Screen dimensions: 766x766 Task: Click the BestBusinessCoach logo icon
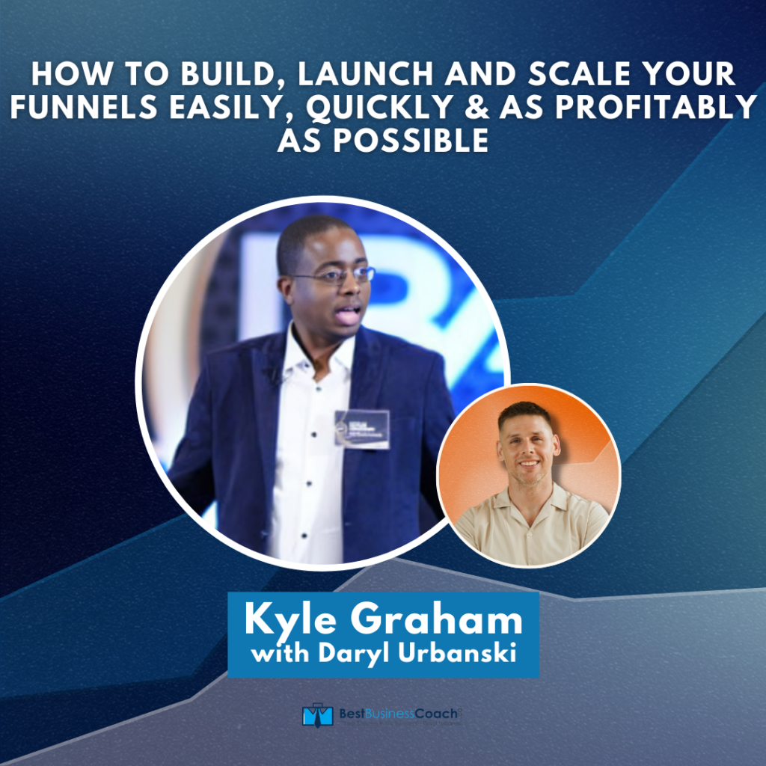(316, 714)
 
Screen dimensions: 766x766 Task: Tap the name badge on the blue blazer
(362, 429)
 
